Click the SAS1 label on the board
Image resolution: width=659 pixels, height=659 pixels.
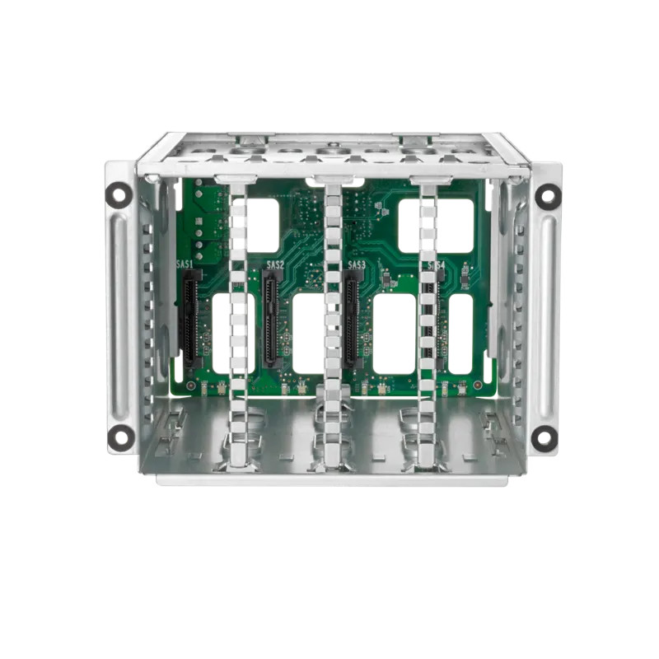coord(185,265)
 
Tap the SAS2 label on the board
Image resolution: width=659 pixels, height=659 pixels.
coord(275,265)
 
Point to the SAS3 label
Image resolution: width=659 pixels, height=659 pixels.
coord(357,265)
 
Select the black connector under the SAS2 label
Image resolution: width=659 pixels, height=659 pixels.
coord(270,321)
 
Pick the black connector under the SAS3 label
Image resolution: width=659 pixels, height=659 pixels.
coord(352,321)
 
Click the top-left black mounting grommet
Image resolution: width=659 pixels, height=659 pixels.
coord(119,194)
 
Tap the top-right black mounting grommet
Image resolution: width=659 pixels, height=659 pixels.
coord(548,196)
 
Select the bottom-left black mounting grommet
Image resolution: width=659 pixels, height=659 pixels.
coord(121,437)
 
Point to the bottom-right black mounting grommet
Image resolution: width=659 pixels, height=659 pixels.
coord(544,437)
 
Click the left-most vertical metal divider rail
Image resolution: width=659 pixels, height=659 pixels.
coord(237,321)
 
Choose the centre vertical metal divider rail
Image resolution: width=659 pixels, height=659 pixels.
coord(332,321)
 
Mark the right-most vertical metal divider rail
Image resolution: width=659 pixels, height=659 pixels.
coord(428,321)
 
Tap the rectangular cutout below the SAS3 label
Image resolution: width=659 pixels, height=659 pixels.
coord(394,334)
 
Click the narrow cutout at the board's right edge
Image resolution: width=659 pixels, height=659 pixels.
coord(460,334)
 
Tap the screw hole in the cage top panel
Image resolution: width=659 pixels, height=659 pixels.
coord(331,151)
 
